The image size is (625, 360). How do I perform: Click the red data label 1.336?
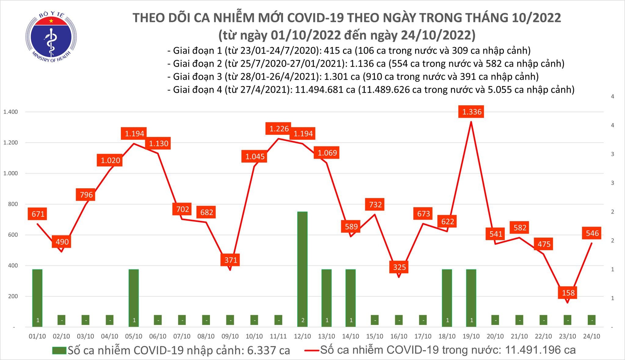click(x=471, y=112)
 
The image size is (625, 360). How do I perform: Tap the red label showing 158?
click(x=568, y=293)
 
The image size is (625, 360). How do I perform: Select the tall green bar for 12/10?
click(x=302, y=268)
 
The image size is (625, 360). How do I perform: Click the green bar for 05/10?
click(x=134, y=297)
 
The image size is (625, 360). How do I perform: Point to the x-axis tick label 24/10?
click(x=592, y=336)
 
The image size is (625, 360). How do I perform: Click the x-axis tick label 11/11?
click(x=278, y=336)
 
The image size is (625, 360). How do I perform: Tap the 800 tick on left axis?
click(x=13, y=204)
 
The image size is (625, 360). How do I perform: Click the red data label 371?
click(x=231, y=260)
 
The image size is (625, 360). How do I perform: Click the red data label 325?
click(x=399, y=267)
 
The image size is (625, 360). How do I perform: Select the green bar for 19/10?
click(x=471, y=297)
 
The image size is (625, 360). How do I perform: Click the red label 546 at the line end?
click(x=592, y=234)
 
